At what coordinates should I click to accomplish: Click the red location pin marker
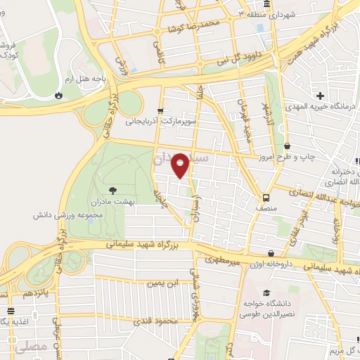tap(181, 166)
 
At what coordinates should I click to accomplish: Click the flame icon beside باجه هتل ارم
tap(58, 94)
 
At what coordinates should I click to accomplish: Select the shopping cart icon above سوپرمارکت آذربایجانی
tap(161, 110)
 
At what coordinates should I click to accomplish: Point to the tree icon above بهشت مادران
tap(112, 190)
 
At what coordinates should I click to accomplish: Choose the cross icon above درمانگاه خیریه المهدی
tap(320, 95)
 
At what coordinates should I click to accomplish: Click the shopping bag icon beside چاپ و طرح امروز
tap(286, 146)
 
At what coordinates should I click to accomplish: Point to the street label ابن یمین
tap(160, 283)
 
